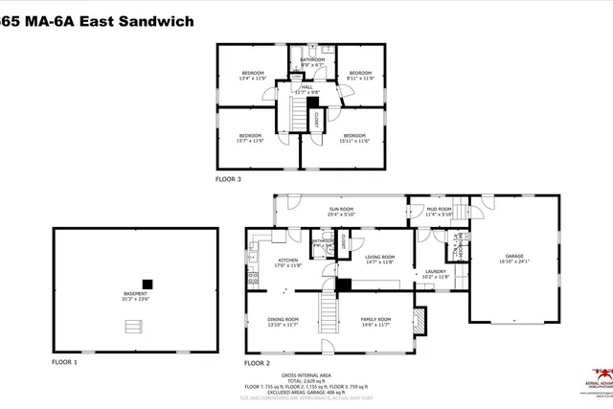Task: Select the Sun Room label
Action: pyautogui.click(x=341, y=212)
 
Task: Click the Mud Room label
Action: pyautogui.click(x=439, y=212)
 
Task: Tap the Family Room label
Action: pyautogui.click(x=375, y=321)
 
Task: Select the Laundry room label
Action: pyautogui.click(x=437, y=274)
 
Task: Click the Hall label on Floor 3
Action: pyautogui.click(x=307, y=89)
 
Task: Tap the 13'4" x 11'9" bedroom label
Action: pyautogui.click(x=252, y=76)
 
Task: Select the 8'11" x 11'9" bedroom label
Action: pyautogui.click(x=360, y=76)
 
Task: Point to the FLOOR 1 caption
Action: pyautogui.click(x=65, y=363)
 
